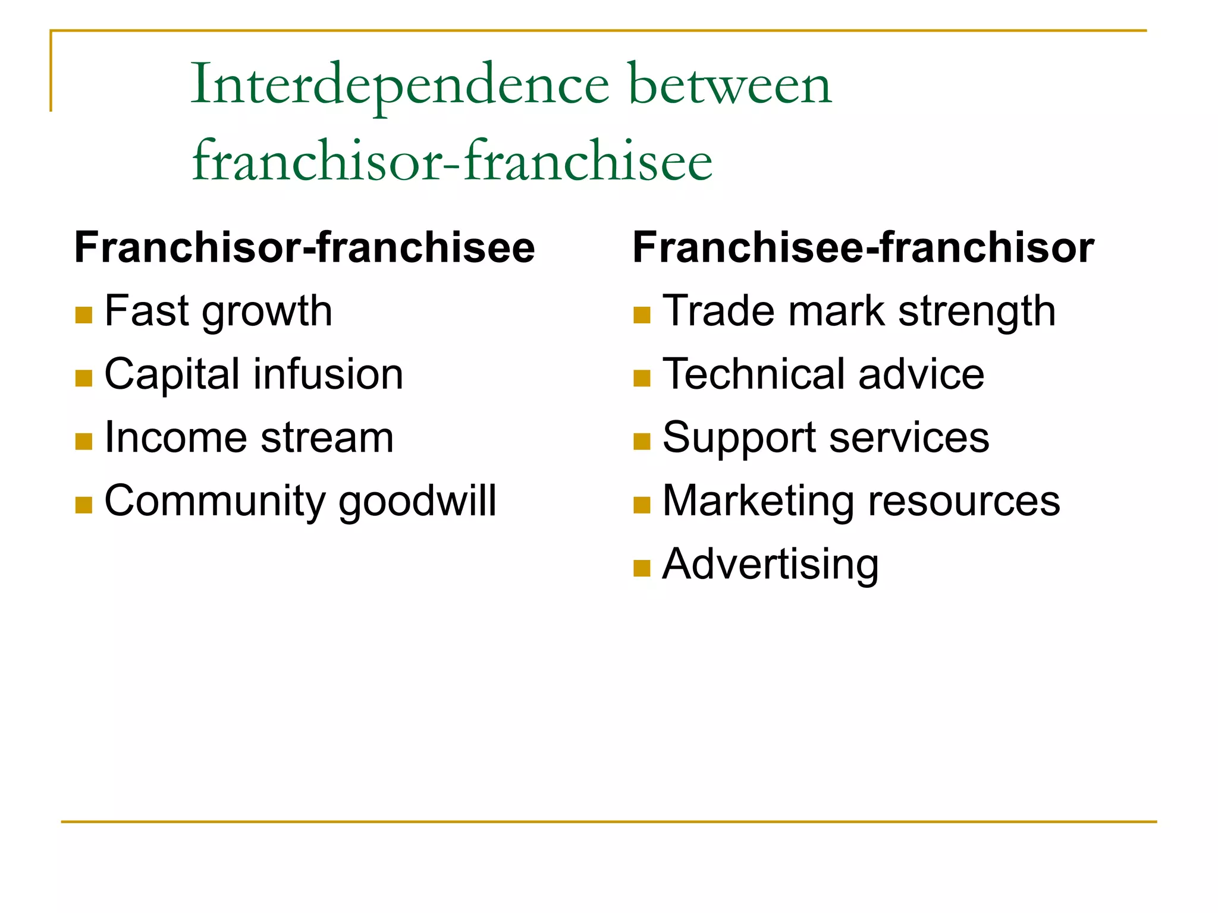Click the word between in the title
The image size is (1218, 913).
pos(730,85)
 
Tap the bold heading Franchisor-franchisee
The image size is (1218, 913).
pos(304,247)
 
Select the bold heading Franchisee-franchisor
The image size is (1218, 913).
pos(863,247)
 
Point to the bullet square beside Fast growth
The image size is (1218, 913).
pos(84,315)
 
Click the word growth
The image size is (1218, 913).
pos(267,313)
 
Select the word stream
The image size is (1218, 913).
pos(327,438)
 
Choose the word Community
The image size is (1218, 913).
pos(215,501)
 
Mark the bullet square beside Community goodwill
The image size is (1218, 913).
pos(84,505)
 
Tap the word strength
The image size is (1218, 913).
pos(977,311)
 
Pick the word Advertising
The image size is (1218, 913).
pos(770,565)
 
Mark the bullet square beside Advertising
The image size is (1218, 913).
pos(642,569)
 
